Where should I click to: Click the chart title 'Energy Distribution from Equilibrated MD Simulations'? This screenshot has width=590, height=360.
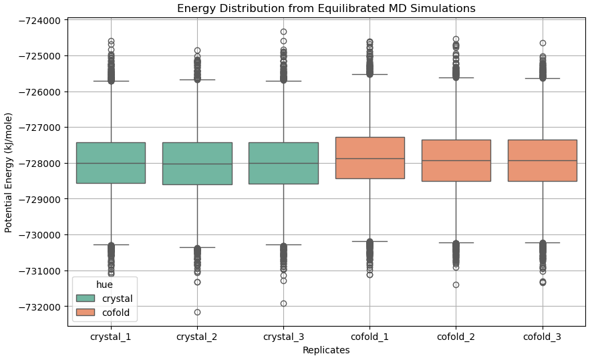(326, 9)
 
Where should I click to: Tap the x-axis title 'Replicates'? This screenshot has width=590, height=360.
(326, 350)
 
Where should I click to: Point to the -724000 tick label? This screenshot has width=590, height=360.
(39, 20)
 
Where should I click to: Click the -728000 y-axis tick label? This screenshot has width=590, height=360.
(39, 163)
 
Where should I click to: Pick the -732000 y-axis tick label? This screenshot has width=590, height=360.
(39, 307)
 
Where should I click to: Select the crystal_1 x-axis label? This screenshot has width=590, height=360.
(110, 337)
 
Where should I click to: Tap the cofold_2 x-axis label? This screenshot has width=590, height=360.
(456, 337)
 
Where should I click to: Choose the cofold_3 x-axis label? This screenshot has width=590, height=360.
(542, 337)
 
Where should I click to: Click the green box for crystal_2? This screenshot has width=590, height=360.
(197, 163)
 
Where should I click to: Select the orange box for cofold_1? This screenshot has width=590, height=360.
(370, 158)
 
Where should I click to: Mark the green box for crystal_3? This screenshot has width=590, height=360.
(283, 163)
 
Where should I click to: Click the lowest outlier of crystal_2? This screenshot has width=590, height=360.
(197, 312)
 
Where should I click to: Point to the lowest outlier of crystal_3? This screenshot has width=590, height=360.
(283, 303)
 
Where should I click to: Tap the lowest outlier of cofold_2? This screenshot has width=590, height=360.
(456, 285)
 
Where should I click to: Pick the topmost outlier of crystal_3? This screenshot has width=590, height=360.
(283, 31)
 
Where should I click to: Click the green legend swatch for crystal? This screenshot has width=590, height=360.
(86, 299)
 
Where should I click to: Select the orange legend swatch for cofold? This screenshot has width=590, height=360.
(86, 312)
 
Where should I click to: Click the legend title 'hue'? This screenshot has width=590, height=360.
(104, 285)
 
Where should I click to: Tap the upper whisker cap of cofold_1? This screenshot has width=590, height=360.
(370, 74)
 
